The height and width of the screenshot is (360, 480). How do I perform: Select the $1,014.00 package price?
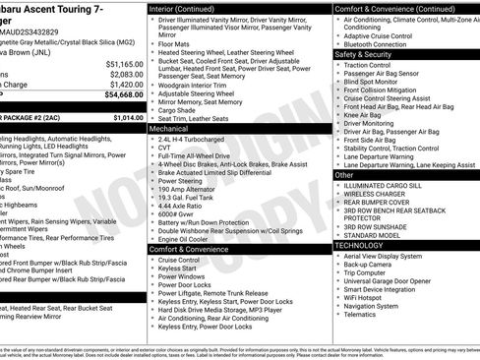tap(126, 117)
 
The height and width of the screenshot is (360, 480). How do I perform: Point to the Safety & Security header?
tap(363, 54)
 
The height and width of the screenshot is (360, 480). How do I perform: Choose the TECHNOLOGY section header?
tap(361, 245)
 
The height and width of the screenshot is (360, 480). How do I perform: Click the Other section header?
tap(344, 174)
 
